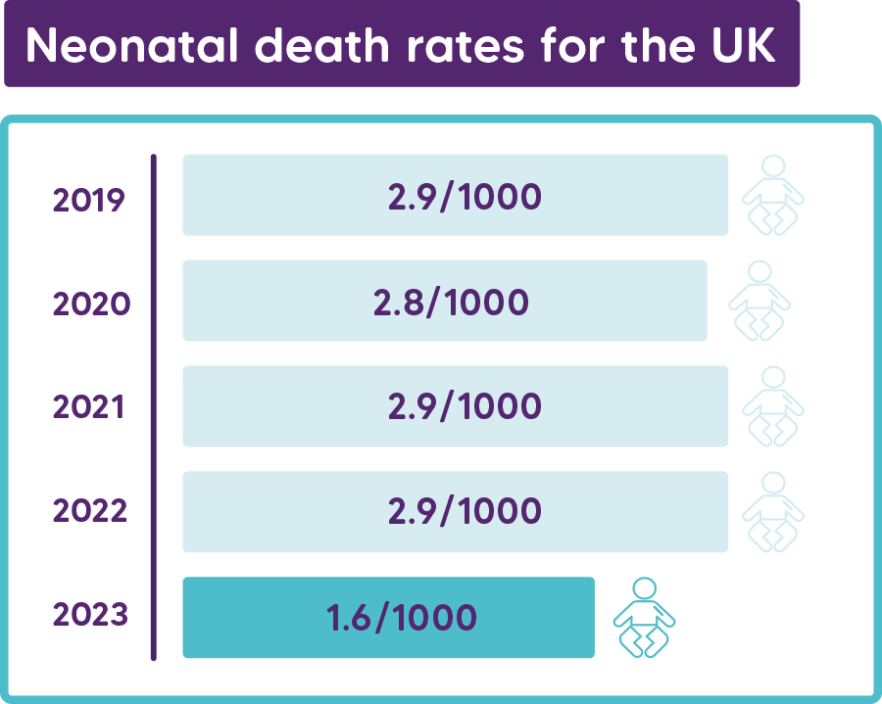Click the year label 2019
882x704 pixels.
coord(89,200)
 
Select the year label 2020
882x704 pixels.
coord(91,304)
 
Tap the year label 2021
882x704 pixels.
coord(89,406)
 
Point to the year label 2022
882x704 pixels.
coord(90,510)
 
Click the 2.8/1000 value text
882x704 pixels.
coord(451,302)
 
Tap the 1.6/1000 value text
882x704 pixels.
coord(402,618)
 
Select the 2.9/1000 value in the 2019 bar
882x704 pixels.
coord(465,197)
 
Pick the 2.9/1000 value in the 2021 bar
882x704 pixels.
coord(465,406)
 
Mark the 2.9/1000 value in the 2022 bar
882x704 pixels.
coord(465,510)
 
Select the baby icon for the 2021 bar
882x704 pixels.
coord(773,405)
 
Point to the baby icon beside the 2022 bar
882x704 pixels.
coord(773,510)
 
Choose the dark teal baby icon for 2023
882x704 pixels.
coord(644,617)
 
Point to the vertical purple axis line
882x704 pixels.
coord(154,406)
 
